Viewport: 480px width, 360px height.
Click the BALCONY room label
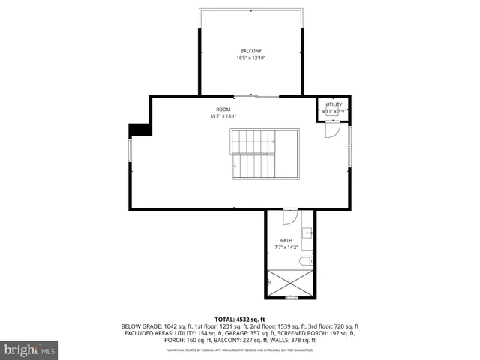tap(251, 51)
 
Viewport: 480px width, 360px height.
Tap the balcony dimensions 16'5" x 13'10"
tap(251, 58)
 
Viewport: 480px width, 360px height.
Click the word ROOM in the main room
tap(223, 109)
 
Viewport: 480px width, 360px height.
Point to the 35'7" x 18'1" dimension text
tap(223, 116)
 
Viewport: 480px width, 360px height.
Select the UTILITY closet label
tap(334, 104)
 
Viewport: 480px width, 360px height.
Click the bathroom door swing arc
tap(289, 218)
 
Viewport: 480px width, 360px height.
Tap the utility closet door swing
tap(331, 129)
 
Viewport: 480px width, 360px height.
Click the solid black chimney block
tap(139, 130)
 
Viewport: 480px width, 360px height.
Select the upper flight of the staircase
tap(253, 140)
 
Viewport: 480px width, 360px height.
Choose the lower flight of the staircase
tap(253, 166)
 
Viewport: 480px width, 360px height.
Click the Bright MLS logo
tap(30, 349)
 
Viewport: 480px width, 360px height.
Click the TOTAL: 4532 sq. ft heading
tap(240, 319)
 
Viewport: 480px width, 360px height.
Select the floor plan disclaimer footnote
tap(240, 350)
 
